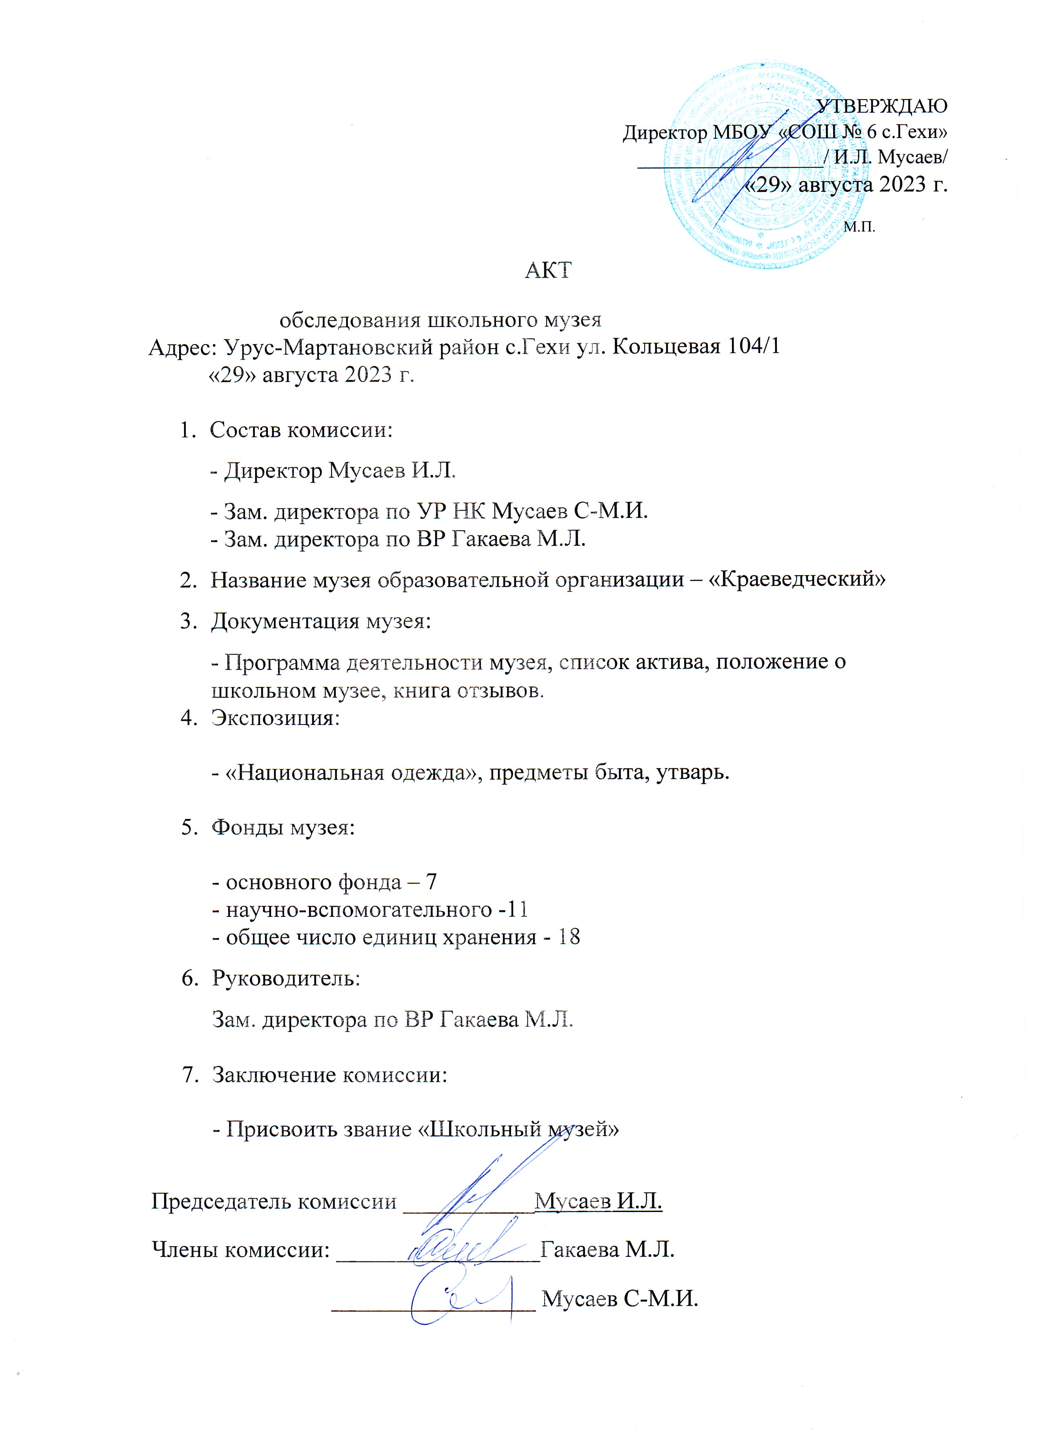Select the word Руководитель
(286, 978)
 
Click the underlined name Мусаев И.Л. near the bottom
(598, 1200)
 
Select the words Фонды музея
(282, 827)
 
